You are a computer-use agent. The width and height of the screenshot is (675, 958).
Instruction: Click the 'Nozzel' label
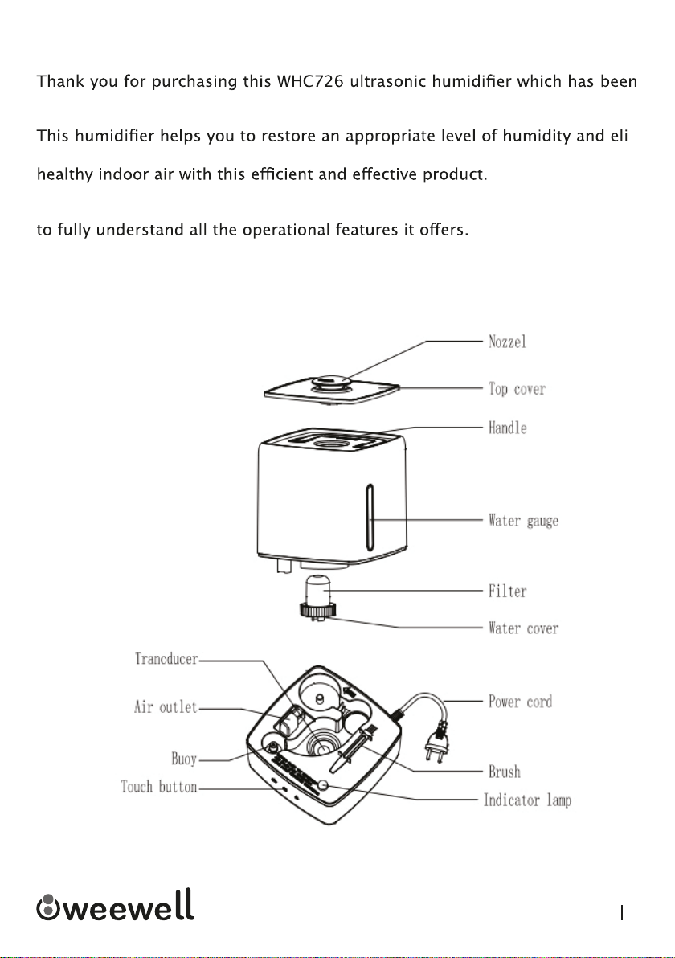point(507,342)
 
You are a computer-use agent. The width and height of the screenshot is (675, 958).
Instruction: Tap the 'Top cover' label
point(517,388)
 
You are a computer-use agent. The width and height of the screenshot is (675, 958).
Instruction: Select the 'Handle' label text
point(507,428)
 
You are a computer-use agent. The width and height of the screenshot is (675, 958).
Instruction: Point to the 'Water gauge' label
point(523,521)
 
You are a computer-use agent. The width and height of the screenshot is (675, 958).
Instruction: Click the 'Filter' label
point(507,592)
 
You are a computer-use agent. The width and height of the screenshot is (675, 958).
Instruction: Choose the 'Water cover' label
point(523,628)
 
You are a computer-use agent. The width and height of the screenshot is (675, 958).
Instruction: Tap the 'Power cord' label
point(520,702)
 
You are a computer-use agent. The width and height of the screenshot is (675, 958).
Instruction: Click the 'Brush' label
point(505,772)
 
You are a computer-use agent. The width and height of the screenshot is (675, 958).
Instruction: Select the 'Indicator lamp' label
point(528,800)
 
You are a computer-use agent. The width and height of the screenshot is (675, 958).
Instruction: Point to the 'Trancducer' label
point(167,659)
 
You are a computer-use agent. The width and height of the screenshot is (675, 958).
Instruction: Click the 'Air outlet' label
point(166,707)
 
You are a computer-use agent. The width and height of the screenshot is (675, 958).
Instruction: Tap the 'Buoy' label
point(184,759)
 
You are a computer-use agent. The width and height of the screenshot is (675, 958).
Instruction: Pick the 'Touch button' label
point(159,786)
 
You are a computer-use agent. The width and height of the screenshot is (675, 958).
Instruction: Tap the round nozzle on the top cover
point(330,383)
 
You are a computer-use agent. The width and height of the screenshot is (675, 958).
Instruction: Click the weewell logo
point(116,905)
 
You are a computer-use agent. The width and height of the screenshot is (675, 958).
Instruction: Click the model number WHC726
point(310,81)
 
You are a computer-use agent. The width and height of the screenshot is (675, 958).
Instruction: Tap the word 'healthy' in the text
point(65,174)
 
